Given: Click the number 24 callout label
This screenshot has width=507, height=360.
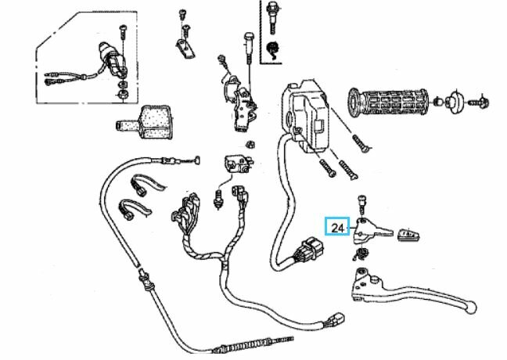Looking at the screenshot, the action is click(x=337, y=228).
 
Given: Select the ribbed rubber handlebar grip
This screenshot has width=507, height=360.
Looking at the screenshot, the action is click(x=388, y=103).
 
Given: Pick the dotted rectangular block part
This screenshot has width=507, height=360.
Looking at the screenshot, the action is click(x=144, y=121).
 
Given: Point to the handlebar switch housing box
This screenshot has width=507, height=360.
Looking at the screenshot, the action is click(x=305, y=116).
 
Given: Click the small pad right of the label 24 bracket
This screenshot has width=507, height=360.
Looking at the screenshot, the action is click(x=408, y=234).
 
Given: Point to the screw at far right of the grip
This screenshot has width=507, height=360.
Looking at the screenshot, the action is click(x=480, y=103).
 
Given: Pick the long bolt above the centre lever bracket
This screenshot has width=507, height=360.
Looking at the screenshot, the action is click(x=249, y=49).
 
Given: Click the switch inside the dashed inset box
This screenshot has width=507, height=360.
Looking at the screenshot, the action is click(x=112, y=59).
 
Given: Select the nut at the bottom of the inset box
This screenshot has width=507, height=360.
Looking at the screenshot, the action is click(x=123, y=94).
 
